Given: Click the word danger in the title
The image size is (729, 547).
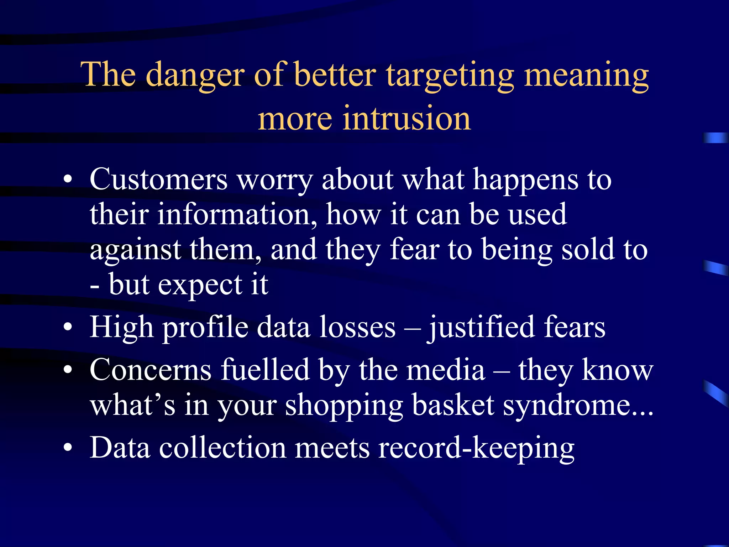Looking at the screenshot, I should pyautogui.click(x=195, y=75).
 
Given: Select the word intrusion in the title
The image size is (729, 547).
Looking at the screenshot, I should pyautogui.click(x=407, y=119).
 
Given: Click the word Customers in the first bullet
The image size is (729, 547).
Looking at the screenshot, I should pyautogui.click(x=158, y=179).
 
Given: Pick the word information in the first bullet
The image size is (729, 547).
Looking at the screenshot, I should pyautogui.click(x=237, y=214).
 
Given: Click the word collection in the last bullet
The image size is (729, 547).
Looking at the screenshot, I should pyautogui.click(x=222, y=448).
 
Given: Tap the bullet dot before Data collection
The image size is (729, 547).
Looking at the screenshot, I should pyautogui.click(x=68, y=448).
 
